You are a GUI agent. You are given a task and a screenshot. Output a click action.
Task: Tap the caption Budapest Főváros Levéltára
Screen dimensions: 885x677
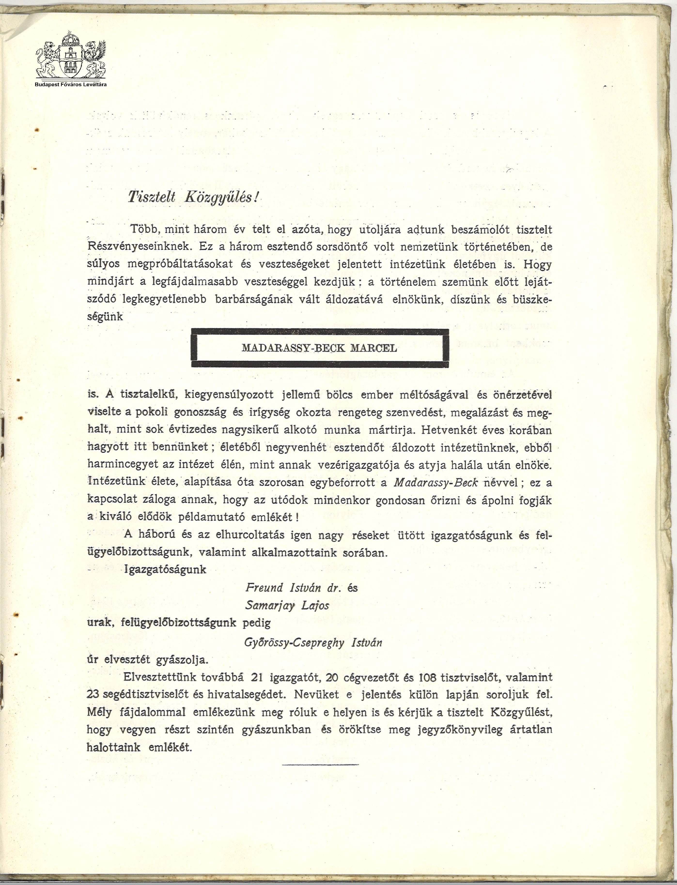(71, 84)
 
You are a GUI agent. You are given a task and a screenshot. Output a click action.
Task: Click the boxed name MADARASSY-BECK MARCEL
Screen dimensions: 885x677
(319, 348)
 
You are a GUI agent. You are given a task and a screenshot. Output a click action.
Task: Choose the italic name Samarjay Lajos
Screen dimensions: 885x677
(287, 606)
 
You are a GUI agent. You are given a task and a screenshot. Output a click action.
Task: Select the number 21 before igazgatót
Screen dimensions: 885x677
(257, 678)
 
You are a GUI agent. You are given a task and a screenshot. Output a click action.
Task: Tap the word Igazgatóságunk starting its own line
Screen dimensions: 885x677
(166, 570)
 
